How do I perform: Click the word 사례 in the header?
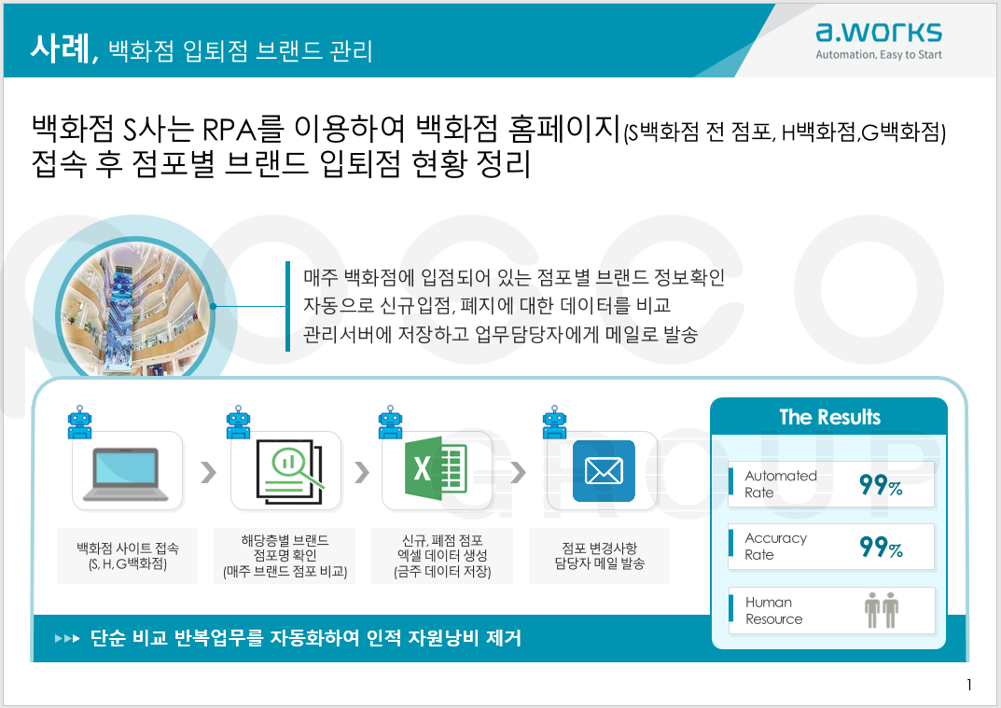click(61, 48)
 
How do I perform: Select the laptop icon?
click(127, 474)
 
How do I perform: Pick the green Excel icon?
click(436, 468)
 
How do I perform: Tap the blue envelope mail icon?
click(604, 471)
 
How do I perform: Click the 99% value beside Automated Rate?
click(881, 485)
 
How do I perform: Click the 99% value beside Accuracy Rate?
click(881, 548)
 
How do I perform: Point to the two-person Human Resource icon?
click(882, 610)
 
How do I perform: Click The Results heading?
click(829, 417)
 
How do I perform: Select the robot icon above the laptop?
click(80, 422)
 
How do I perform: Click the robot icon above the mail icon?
click(554, 422)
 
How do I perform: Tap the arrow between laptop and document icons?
click(208, 472)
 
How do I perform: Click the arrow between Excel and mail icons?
click(518, 472)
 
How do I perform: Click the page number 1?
click(969, 685)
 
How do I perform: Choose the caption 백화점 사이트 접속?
click(128, 548)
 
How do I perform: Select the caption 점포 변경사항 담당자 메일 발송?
click(600, 555)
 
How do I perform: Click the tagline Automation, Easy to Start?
click(879, 55)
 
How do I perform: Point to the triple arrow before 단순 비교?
click(67, 638)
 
